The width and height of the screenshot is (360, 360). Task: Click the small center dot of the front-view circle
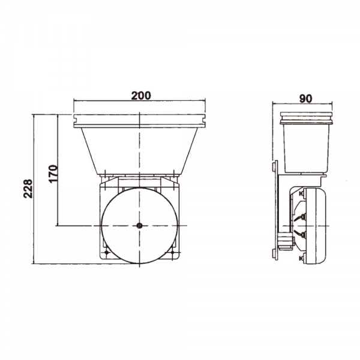139,226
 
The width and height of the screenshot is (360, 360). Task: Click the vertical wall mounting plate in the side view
277,210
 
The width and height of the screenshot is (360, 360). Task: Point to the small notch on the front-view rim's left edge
74,124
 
